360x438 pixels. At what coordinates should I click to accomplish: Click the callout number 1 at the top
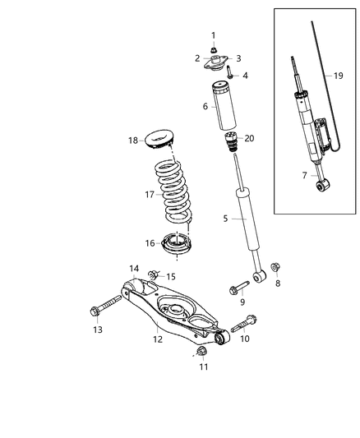pyautogui.click(x=213, y=35)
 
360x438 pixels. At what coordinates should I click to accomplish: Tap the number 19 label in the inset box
pyautogui.click(x=339, y=76)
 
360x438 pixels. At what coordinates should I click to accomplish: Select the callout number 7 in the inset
pyautogui.click(x=306, y=176)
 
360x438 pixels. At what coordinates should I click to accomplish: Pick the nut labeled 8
pyautogui.click(x=275, y=268)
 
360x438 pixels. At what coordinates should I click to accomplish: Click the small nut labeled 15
pyautogui.click(x=154, y=274)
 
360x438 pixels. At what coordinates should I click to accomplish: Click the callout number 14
pyautogui.click(x=134, y=268)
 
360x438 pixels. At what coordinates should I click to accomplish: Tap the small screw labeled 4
pyautogui.click(x=229, y=75)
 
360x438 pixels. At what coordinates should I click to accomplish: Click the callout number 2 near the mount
pyautogui.click(x=198, y=58)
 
